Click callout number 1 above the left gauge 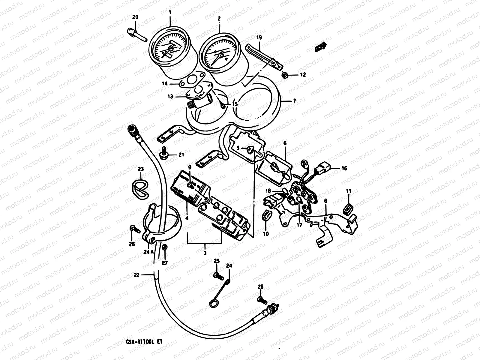170,12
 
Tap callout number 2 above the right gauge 219,18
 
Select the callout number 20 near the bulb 135,17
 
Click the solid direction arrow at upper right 320,46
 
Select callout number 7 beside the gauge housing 294,101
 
